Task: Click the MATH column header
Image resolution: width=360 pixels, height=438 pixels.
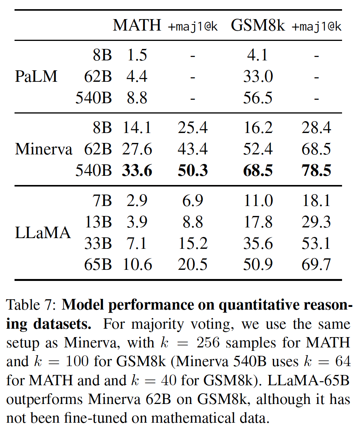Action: click(137, 25)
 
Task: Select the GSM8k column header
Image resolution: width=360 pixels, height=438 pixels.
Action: click(258, 25)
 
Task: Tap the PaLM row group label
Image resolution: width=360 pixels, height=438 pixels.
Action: click(36, 77)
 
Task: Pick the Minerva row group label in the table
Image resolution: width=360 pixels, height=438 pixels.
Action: click(44, 149)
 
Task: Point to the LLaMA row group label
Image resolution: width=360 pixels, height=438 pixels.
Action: click(43, 232)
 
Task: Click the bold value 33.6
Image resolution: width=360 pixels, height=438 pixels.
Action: click(137, 170)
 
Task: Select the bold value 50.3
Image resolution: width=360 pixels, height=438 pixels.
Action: click(193, 170)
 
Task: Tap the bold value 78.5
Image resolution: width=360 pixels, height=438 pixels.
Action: click(316, 170)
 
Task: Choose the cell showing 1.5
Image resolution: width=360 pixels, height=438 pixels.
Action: click(137, 56)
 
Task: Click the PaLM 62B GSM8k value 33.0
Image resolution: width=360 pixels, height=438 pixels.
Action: click(258, 77)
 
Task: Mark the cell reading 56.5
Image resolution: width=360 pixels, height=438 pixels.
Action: click(258, 98)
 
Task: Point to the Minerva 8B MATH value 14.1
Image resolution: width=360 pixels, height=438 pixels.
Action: click(137, 128)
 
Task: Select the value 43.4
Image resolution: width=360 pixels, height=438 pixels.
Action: click(193, 149)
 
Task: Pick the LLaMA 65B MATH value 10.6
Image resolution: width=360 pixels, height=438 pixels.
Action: click(137, 264)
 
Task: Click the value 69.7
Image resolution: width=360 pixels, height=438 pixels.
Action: click(316, 264)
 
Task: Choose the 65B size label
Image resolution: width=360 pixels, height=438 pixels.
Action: click(98, 264)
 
